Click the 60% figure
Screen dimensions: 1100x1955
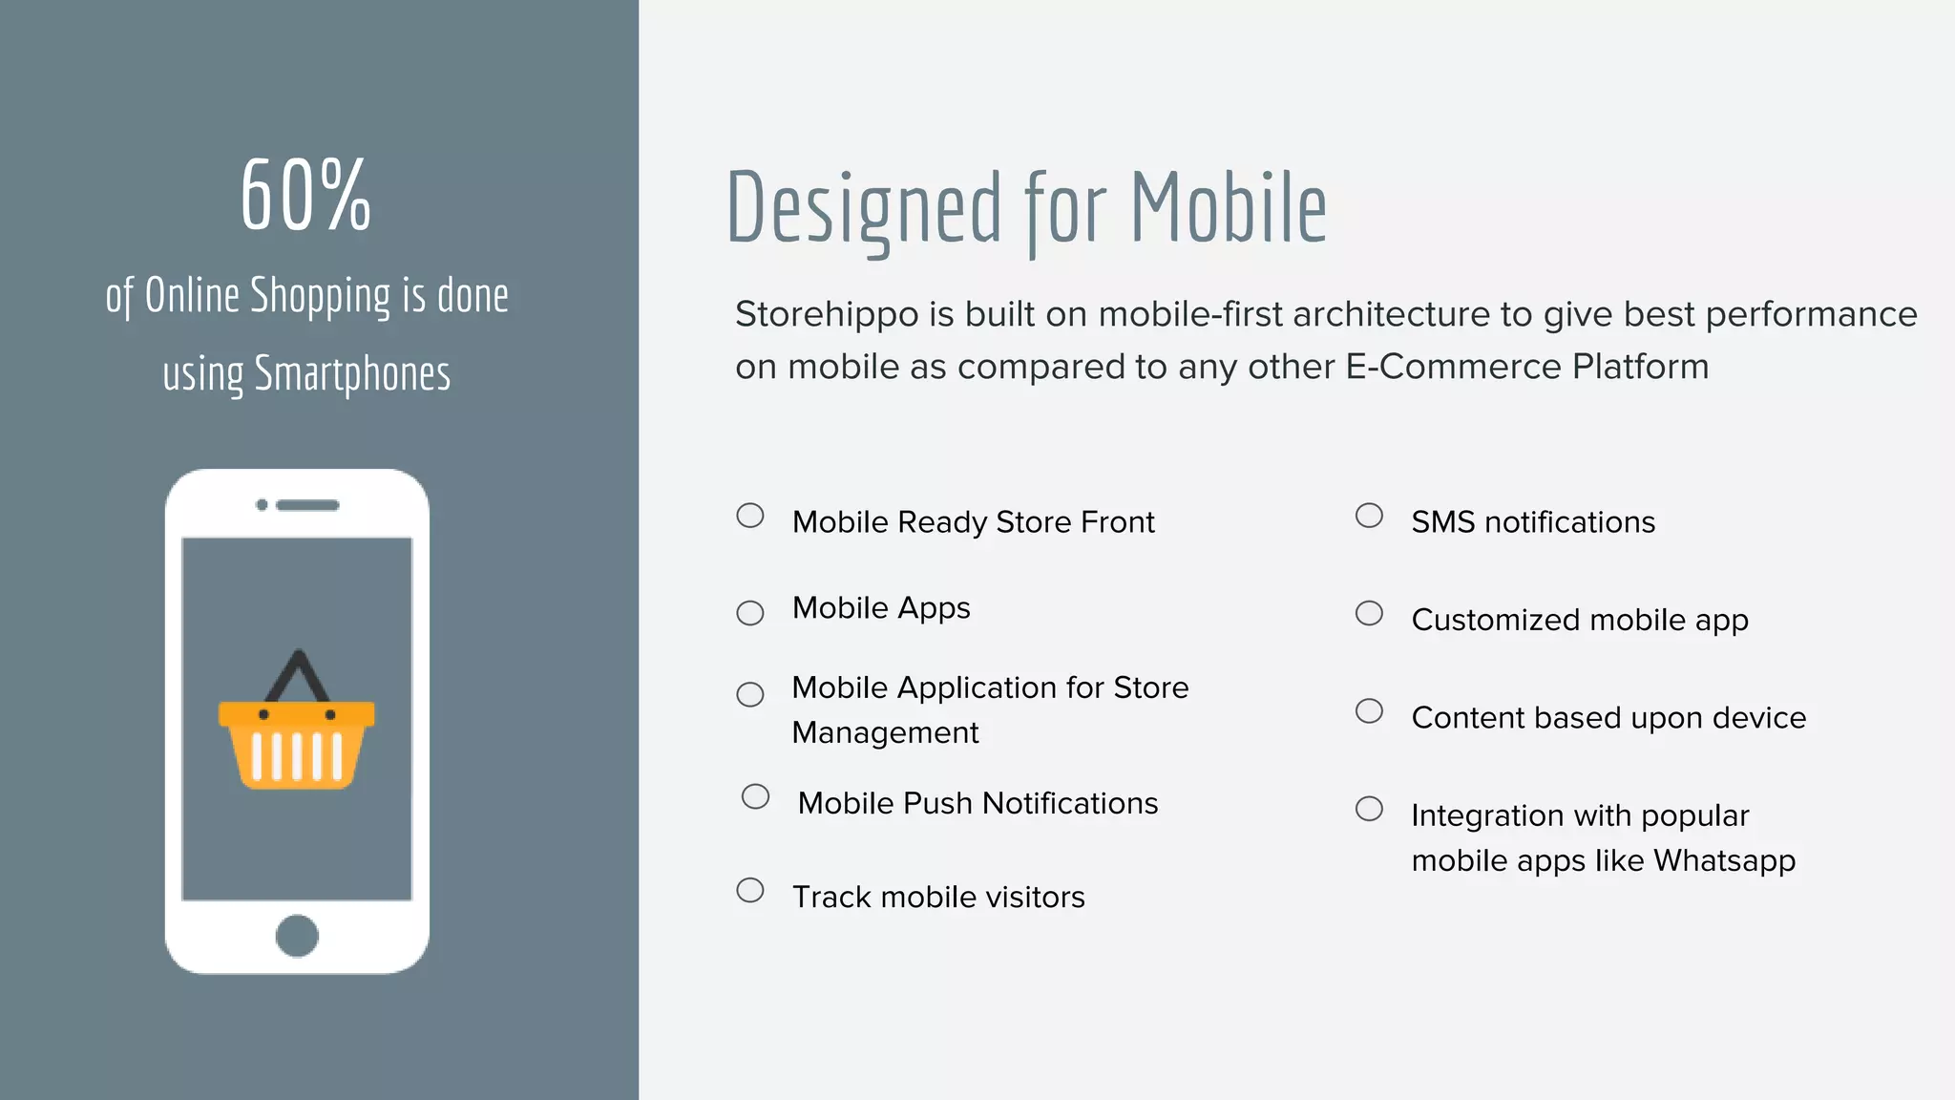(305, 196)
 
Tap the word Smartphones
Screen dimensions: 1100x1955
(352, 374)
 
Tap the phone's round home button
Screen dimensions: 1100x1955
(297, 936)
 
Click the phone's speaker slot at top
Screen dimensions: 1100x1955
(307, 505)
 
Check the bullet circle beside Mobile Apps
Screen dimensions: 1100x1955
(750, 613)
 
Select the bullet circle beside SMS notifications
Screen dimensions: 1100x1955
(1369, 516)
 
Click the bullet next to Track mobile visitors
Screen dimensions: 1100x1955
(750, 890)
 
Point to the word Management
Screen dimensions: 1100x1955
(885, 733)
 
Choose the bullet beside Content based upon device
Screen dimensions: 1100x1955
(1369, 711)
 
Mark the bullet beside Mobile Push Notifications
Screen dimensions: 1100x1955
(755, 796)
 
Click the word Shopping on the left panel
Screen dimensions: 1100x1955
(320, 296)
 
